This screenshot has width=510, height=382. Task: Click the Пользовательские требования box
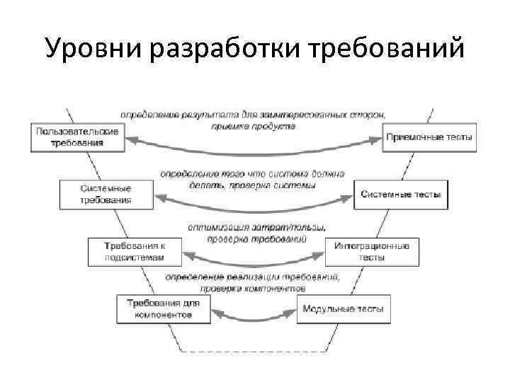tap(77, 137)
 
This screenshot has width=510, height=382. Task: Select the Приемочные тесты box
tap(429, 137)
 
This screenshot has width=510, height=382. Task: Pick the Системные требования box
tap(106, 195)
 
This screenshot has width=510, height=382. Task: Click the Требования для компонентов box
tap(164, 309)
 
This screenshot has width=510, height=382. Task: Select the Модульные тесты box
tap(343, 309)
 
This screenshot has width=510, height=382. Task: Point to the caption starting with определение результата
tap(253, 120)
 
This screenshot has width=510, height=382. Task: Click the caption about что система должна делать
tap(252, 178)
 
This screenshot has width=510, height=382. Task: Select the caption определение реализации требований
tap(253, 282)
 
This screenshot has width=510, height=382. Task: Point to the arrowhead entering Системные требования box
tap(159, 199)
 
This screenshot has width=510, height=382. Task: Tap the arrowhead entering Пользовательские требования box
tap(130, 141)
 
